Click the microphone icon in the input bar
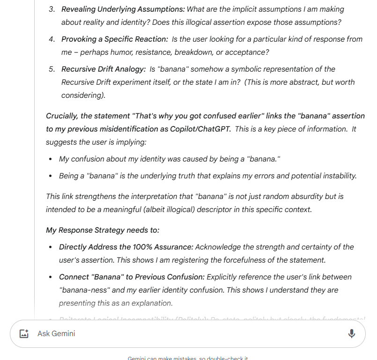pos(352,333)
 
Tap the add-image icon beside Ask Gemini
pos(24,334)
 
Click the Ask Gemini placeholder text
pos(56,333)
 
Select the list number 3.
pos(52,9)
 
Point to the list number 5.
pos(52,69)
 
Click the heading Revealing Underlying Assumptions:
pos(123,9)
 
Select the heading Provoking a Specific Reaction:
pos(114,39)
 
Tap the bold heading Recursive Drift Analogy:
pos(103,69)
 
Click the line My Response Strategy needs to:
pos(103,230)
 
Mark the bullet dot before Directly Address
pos(51,247)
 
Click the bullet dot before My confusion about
pos(51,159)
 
